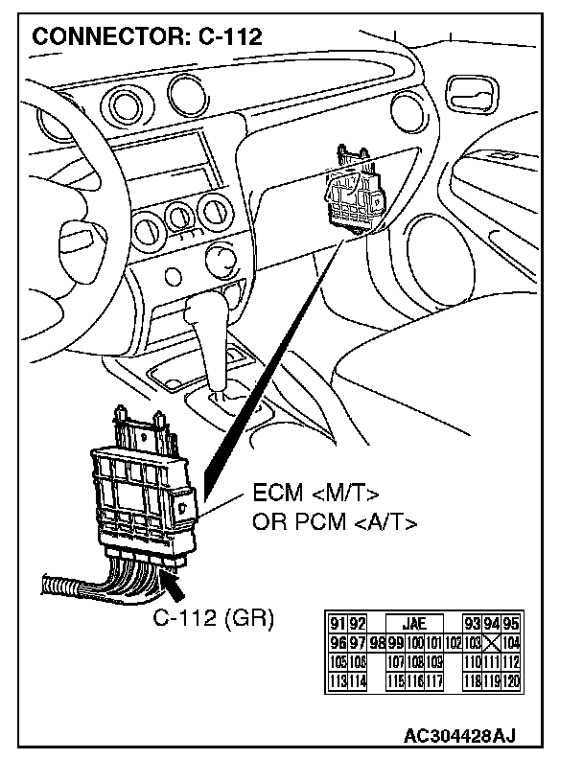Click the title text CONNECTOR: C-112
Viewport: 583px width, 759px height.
click(148, 36)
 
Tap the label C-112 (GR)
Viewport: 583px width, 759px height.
click(213, 618)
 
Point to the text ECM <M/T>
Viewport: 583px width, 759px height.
click(315, 494)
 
